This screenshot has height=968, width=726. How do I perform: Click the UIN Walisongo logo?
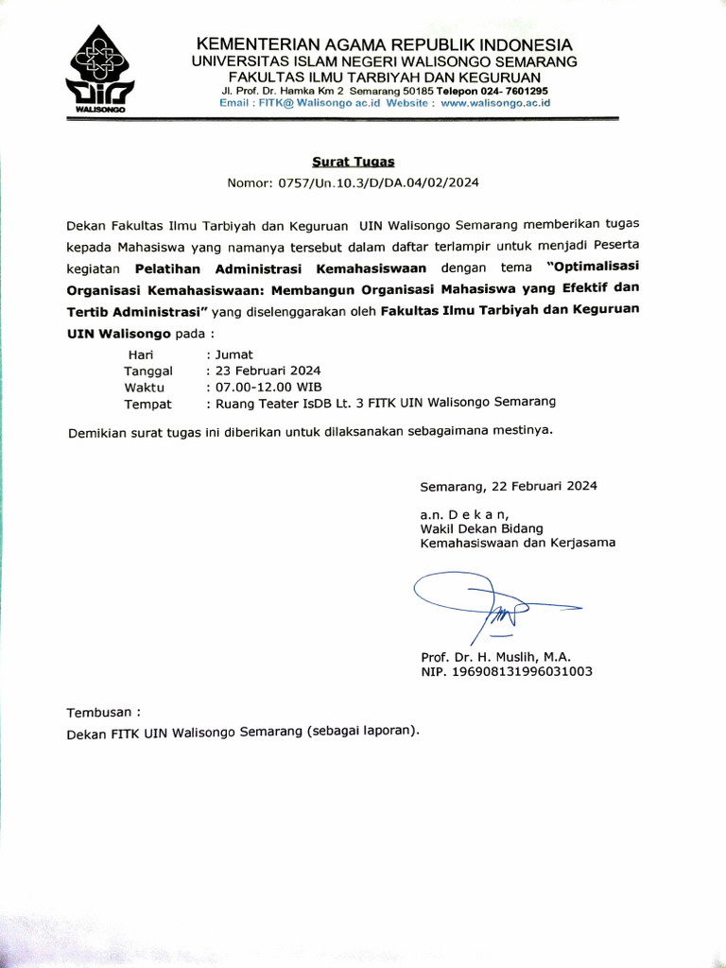pos(99,71)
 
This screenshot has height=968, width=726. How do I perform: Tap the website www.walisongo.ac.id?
pos(495,103)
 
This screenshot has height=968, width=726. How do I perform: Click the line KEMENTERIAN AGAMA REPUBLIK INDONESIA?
pos(383,45)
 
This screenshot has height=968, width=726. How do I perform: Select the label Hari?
pos(141,354)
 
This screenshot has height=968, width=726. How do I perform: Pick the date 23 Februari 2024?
pos(268,371)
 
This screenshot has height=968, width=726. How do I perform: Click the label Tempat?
pos(148,404)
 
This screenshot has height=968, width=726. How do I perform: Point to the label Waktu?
pos(145,388)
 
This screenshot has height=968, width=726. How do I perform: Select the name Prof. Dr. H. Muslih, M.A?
pos(495,656)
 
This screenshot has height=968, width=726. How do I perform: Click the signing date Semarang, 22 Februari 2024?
pos(509,487)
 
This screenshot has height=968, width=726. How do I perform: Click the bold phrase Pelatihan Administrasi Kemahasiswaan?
pos(281,268)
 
